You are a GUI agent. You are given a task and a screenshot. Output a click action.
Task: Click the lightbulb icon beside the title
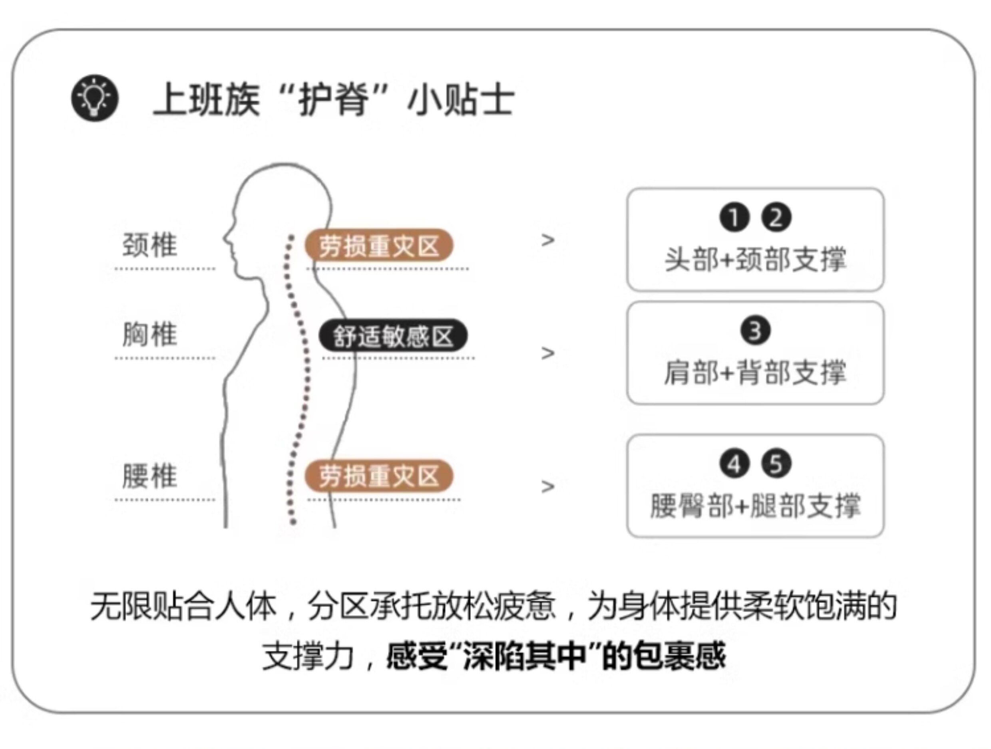(95, 97)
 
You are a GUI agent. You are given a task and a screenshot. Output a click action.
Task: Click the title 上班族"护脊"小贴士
(334, 99)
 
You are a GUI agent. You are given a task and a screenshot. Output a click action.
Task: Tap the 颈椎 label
(149, 245)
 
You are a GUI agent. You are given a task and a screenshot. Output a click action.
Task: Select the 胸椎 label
(149, 335)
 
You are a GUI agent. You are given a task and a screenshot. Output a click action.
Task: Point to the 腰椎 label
(149, 476)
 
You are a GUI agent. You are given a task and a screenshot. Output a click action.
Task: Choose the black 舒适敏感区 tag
(393, 336)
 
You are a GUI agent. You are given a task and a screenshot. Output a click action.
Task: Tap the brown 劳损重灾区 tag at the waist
(378, 476)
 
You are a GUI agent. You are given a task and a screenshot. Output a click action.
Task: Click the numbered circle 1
(734, 218)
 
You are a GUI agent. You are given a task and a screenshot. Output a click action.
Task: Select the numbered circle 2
(776, 218)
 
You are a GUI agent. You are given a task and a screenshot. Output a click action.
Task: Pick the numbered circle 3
(755, 331)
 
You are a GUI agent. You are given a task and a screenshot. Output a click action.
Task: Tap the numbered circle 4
(734, 464)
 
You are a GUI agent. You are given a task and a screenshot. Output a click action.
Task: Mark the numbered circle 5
(776, 464)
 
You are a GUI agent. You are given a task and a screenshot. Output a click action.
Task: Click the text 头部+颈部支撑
(755, 259)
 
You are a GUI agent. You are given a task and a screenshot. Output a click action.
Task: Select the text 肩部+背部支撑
(755, 372)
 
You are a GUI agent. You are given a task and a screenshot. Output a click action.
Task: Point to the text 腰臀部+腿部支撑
(755, 505)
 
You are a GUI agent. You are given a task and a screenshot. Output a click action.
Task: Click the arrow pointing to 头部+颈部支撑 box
(547, 240)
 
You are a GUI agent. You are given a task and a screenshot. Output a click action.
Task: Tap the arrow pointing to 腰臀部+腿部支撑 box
(547, 486)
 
